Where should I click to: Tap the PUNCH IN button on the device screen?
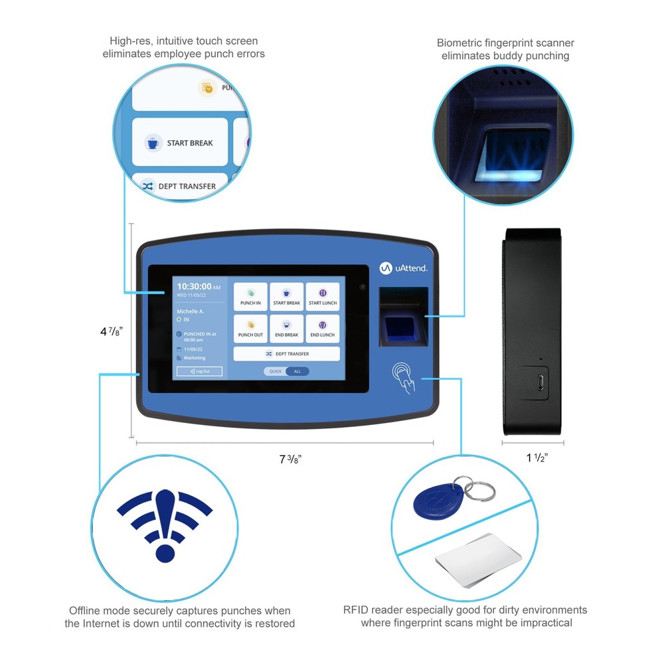[250, 297]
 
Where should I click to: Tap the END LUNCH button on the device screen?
[323, 329]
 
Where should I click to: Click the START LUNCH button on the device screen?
[323, 297]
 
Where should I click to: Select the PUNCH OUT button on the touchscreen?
[250, 329]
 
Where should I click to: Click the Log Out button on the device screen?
[199, 371]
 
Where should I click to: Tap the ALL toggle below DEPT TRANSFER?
[297, 371]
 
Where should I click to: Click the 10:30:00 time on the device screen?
[194, 286]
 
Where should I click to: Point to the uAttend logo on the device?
[403, 268]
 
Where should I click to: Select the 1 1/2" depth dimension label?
[537, 457]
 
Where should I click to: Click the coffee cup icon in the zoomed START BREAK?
[153, 143]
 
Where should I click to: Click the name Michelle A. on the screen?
[190, 311]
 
